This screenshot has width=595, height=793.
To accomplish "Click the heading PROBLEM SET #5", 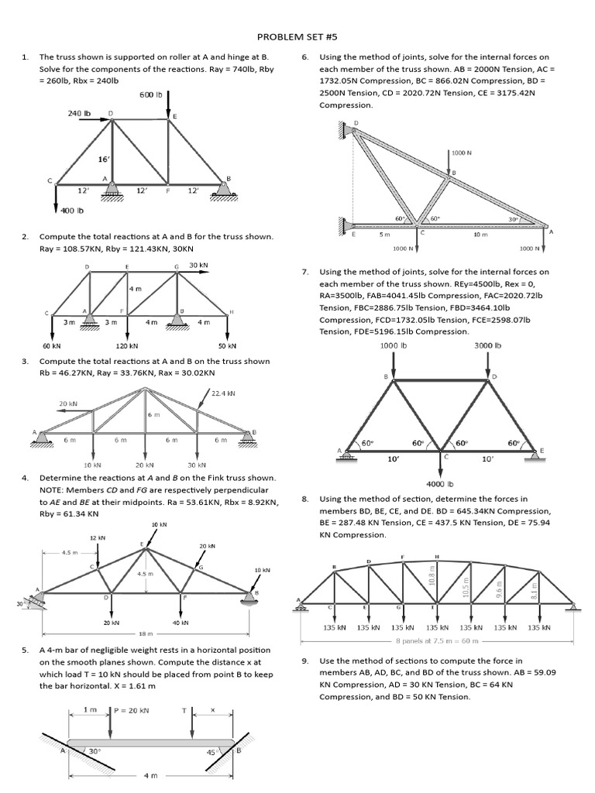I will coord(297,36).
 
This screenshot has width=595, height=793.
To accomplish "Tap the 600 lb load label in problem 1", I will coord(151,94).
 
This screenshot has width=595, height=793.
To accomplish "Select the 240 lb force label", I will coord(79,113).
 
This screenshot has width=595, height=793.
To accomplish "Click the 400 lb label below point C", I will coord(72,210).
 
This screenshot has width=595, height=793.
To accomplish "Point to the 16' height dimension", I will coord(103,159).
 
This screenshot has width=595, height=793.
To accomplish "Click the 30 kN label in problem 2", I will coord(199,266).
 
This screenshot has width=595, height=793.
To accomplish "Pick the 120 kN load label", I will coord(127,346).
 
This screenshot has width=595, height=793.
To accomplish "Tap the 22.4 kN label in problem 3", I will coord(223,393).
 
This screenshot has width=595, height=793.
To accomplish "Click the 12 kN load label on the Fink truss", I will coord(98,537).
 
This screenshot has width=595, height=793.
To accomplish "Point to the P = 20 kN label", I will coord(132,709).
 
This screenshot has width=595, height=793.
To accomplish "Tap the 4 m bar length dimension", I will coord(150,775).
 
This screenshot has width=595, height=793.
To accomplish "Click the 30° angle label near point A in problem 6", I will coord(513,219).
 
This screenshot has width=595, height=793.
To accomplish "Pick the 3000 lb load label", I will coord(487,345).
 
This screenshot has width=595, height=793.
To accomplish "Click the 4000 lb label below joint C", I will coord(439,485).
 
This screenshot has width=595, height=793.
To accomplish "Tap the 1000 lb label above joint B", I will coord(394,345).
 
